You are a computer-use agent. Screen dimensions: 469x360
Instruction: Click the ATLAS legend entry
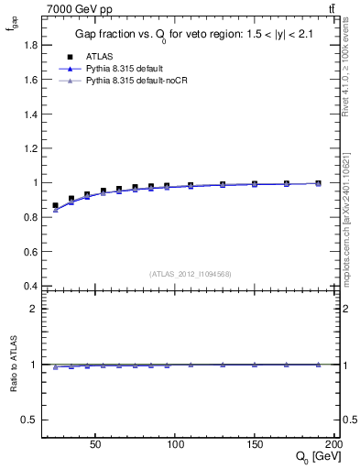point(101,57)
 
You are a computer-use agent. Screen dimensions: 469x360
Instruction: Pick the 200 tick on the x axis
point(333,442)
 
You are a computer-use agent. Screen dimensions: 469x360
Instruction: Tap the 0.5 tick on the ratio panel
point(32,420)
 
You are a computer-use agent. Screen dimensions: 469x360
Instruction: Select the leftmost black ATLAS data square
point(55,206)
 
